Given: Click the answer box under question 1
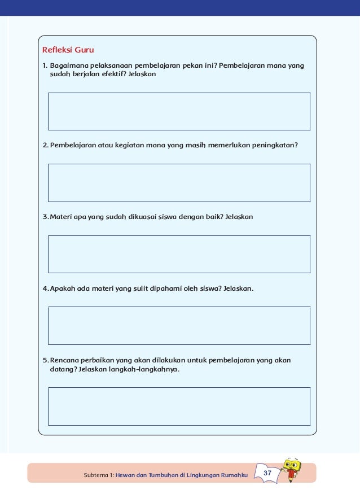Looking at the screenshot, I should pos(179,111).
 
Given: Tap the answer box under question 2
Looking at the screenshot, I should pos(179,183).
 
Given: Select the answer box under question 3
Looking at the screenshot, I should pos(179,254).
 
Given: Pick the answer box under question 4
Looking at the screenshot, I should pos(179,325).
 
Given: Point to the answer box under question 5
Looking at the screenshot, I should pos(179,406).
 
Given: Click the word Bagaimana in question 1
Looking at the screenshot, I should pos(68,65).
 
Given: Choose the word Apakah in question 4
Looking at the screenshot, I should pos(62,289).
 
